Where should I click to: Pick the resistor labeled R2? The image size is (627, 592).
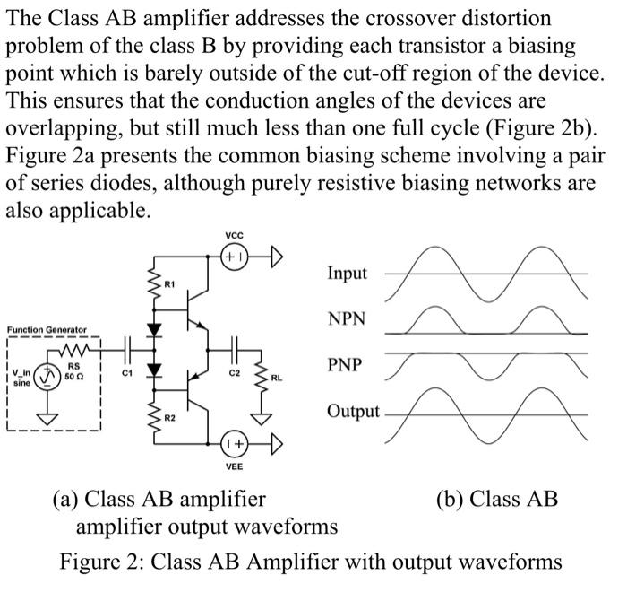point(153,417)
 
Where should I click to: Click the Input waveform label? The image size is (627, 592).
point(348,274)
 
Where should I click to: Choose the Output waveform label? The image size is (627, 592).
point(352,413)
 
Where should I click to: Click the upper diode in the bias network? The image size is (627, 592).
point(153,329)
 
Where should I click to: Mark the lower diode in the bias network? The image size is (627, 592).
point(153,370)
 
